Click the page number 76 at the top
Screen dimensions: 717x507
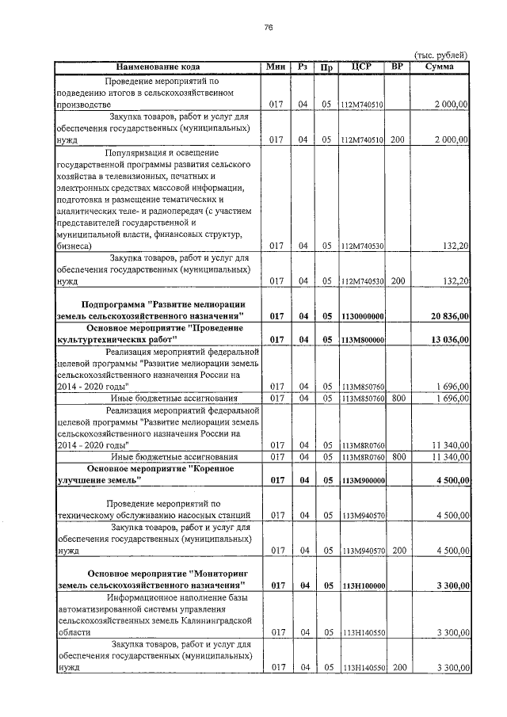click(268, 27)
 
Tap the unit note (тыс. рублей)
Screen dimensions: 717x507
click(441, 55)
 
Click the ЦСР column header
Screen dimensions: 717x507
click(362, 67)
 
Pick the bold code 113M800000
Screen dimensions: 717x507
click(363, 340)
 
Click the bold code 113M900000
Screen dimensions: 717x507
click(363, 480)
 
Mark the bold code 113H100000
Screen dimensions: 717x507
click(363, 585)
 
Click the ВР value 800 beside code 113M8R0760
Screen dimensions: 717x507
click(398, 456)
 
